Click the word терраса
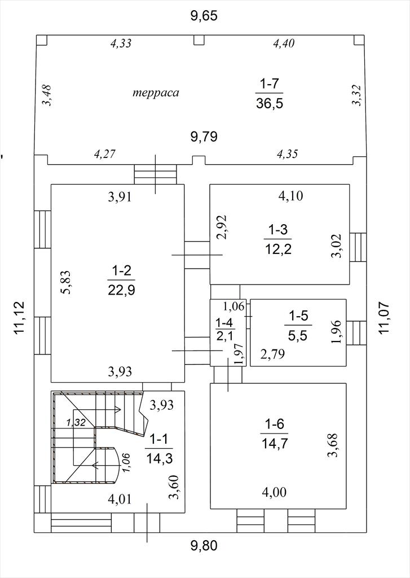click(x=156, y=92)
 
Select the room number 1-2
click(x=121, y=272)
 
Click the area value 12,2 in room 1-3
click(x=278, y=249)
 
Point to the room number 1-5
click(x=298, y=316)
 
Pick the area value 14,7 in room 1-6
click(x=275, y=443)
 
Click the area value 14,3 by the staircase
click(x=160, y=458)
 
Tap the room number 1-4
click(x=224, y=323)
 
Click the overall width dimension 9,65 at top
click(x=204, y=16)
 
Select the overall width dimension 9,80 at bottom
click(x=204, y=545)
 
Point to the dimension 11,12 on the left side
click(x=19, y=318)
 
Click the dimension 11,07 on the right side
click(x=384, y=318)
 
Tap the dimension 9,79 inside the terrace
click(x=204, y=137)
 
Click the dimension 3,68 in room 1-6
click(x=333, y=445)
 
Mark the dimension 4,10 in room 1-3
click(x=290, y=195)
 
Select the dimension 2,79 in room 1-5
click(x=272, y=354)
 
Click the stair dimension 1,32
click(x=76, y=422)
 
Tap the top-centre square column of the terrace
click(x=199, y=40)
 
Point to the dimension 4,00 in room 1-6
click(x=274, y=492)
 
